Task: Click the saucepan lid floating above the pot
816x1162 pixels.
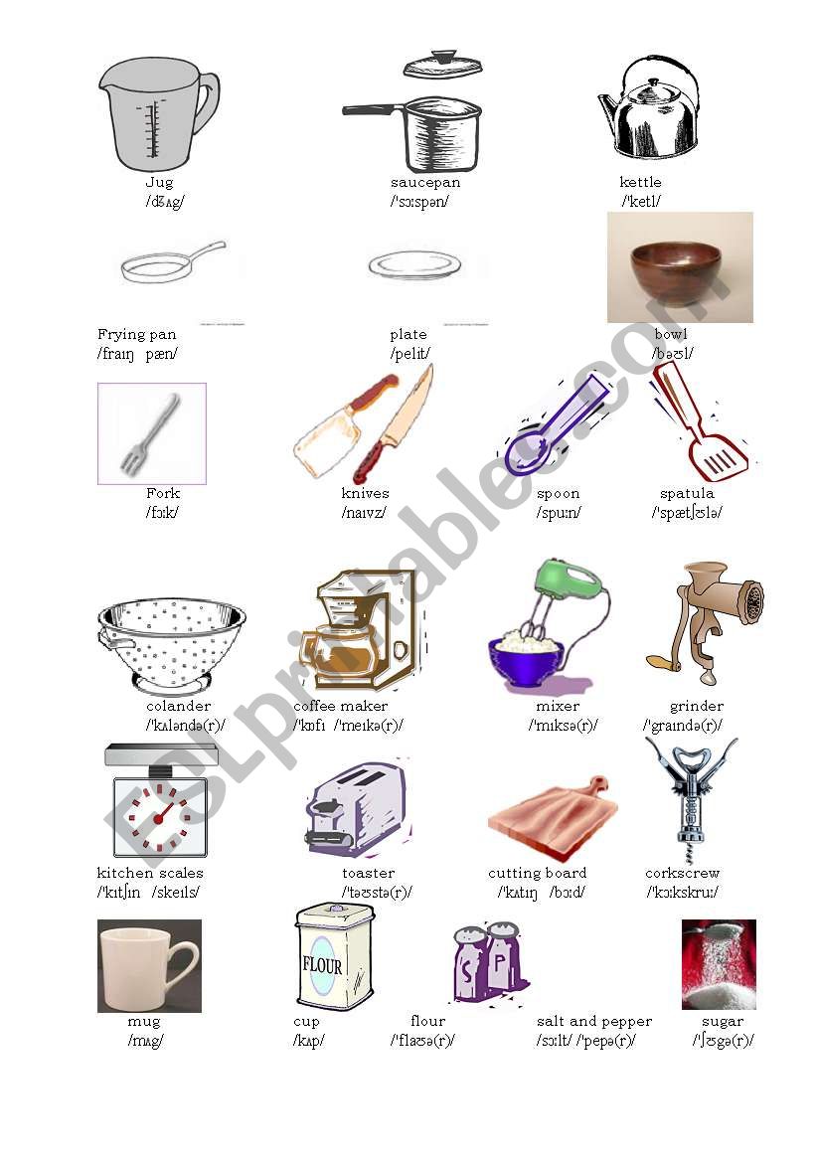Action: coord(442,67)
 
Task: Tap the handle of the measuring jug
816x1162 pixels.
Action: coord(207,104)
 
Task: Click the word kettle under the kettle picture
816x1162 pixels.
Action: coord(640,182)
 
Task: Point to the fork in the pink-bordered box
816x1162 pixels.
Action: coord(149,433)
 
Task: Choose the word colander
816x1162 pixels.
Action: coord(178,706)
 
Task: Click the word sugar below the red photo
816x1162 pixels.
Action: coord(722,1021)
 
